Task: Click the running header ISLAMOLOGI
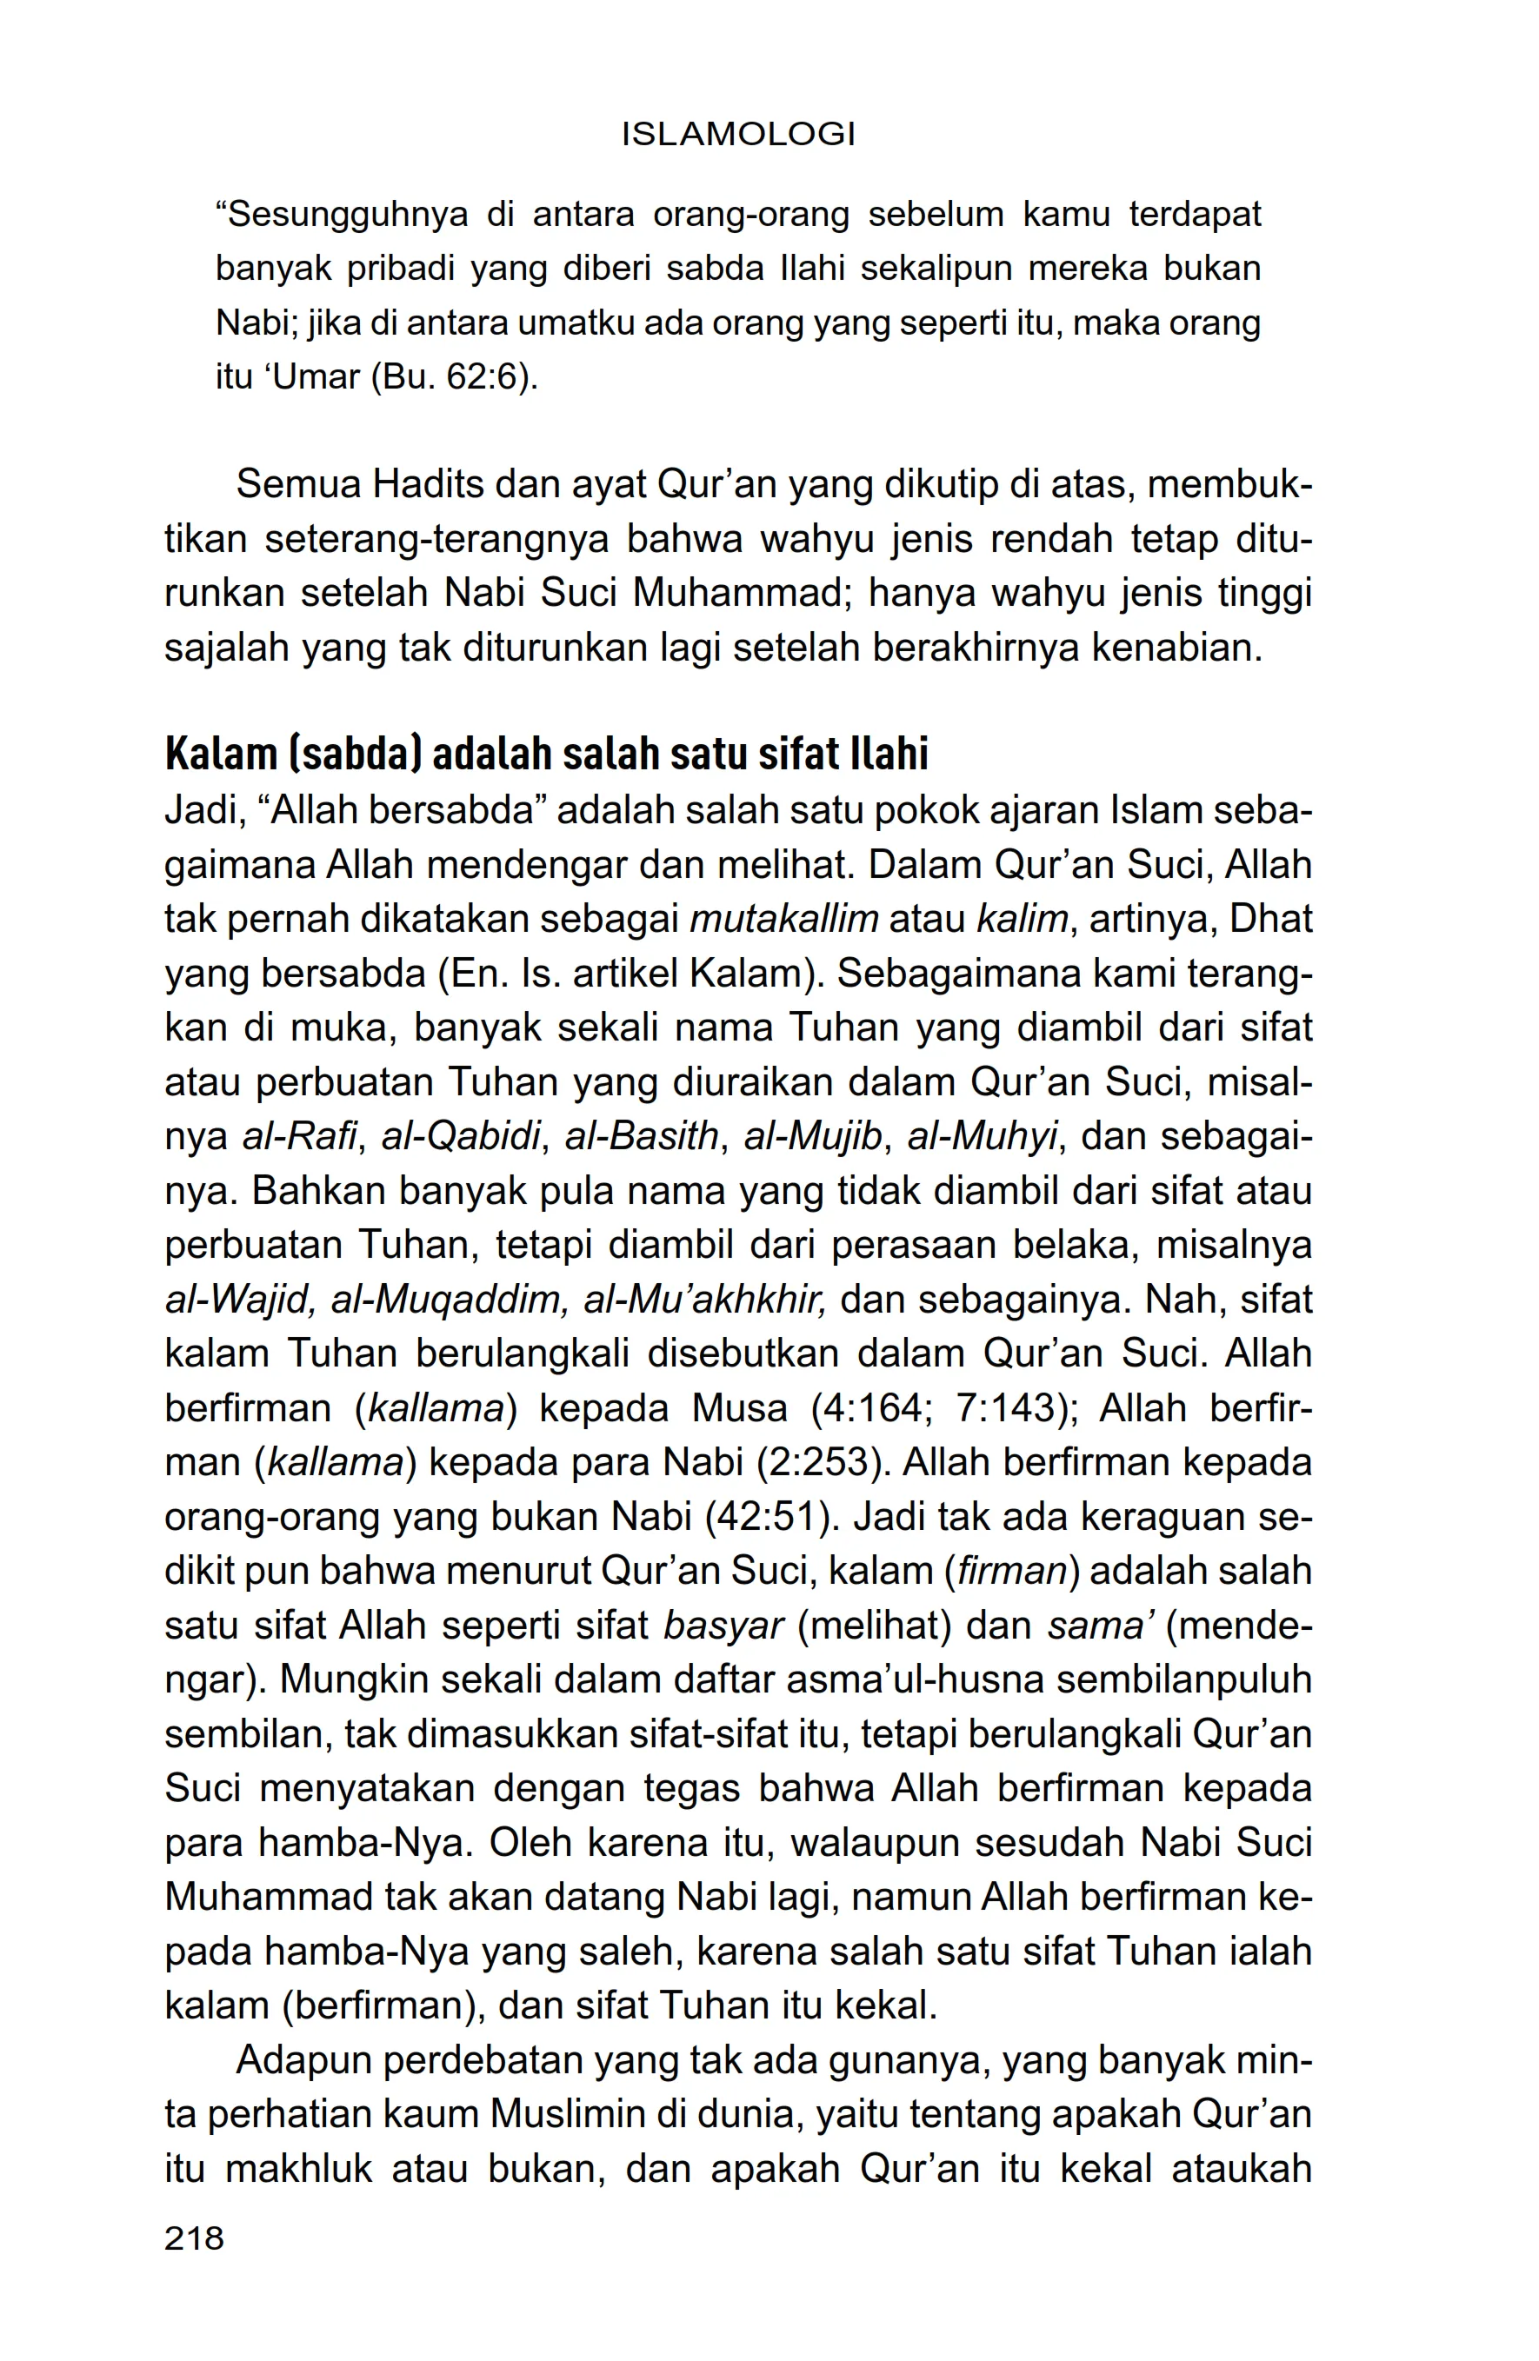pos(737,135)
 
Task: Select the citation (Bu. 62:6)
pos(455,378)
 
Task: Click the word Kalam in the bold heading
pos(221,755)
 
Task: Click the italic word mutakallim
pos(784,920)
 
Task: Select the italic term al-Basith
pos(641,1137)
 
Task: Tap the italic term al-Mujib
pos(813,1137)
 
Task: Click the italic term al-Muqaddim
pos(449,1300)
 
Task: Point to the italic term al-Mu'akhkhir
pos(704,1300)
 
